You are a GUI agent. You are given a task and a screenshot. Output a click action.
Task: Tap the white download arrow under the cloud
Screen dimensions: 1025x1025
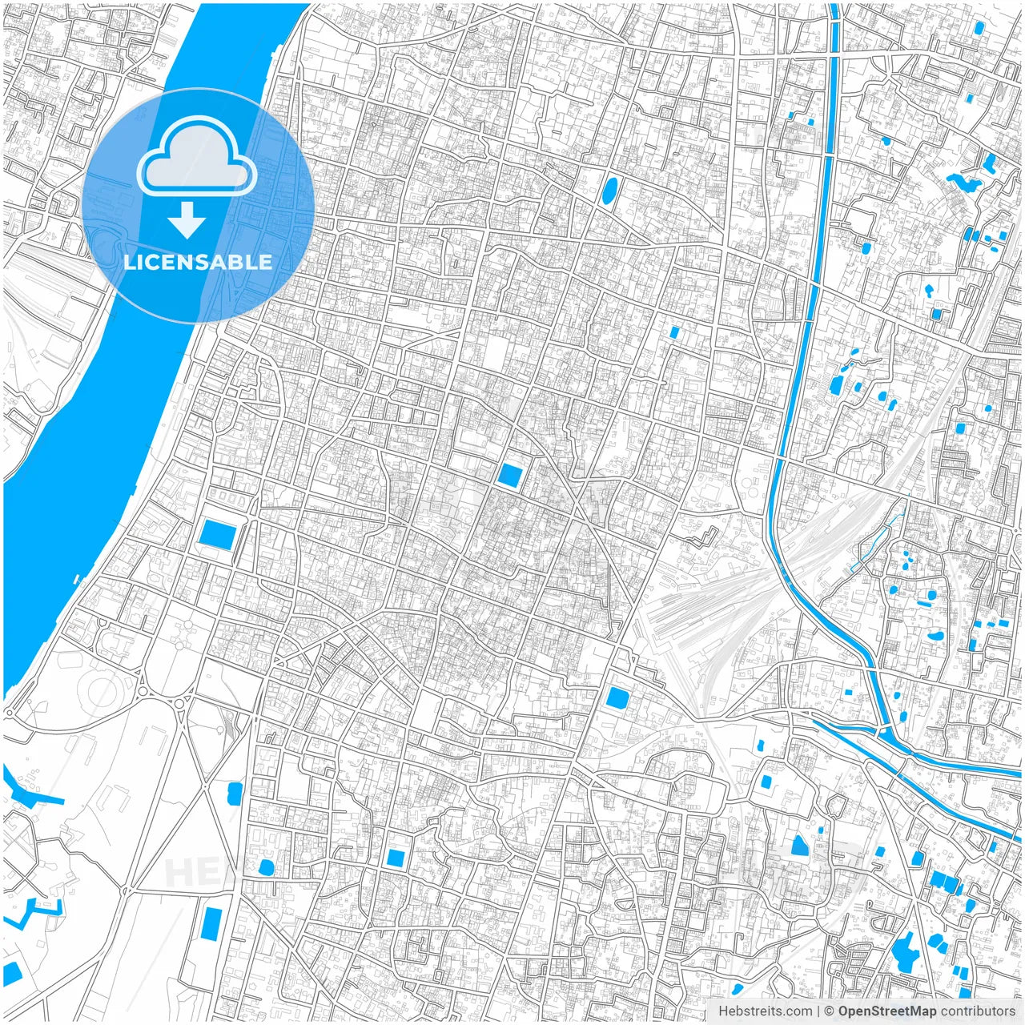pyautogui.click(x=187, y=219)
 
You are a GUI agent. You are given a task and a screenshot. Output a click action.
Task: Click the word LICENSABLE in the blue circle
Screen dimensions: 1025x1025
pyautogui.click(x=198, y=262)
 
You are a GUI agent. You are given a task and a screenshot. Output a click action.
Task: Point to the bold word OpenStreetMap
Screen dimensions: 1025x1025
pyautogui.click(x=886, y=1011)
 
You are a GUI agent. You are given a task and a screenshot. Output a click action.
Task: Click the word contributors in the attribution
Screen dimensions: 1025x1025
pyautogui.click(x=978, y=1011)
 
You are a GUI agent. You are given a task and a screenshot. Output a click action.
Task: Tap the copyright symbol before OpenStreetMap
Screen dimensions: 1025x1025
pyautogui.click(x=830, y=1011)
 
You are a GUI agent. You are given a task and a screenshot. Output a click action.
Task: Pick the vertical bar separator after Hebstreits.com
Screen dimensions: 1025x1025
pyautogui.click(x=818, y=1011)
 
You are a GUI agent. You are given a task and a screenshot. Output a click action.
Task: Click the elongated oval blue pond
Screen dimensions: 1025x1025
pyautogui.click(x=609, y=191)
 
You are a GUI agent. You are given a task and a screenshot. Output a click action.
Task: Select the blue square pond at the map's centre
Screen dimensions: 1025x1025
pyautogui.click(x=508, y=475)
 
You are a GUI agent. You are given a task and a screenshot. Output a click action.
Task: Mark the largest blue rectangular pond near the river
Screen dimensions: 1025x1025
pyautogui.click(x=217, y=534)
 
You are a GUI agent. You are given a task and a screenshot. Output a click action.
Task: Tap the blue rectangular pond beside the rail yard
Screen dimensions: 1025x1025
pyautogui.click(x=617, y=697)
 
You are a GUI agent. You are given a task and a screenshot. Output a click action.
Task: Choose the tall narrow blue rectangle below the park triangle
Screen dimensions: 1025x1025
pyautogui.click(x=213, y=925)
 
